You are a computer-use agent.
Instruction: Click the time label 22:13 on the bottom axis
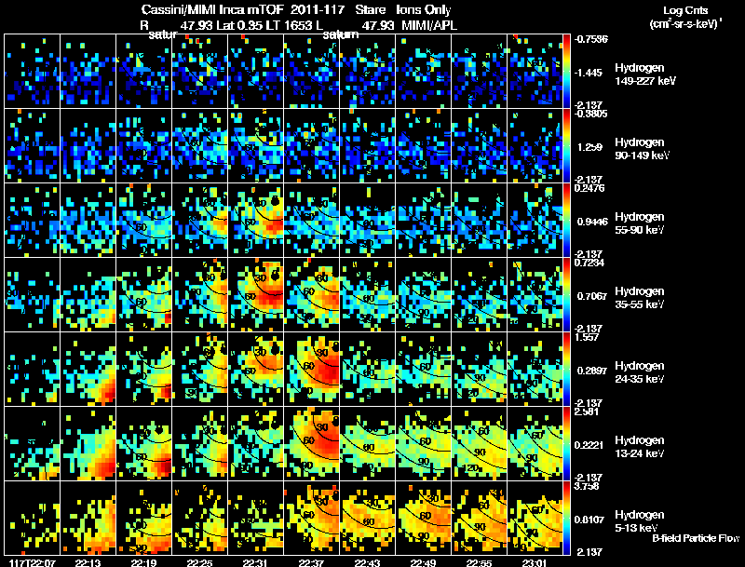tap(87, 561)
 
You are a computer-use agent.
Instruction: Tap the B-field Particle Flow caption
tap(696, 538)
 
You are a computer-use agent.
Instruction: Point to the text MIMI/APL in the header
tap(430, 24)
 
